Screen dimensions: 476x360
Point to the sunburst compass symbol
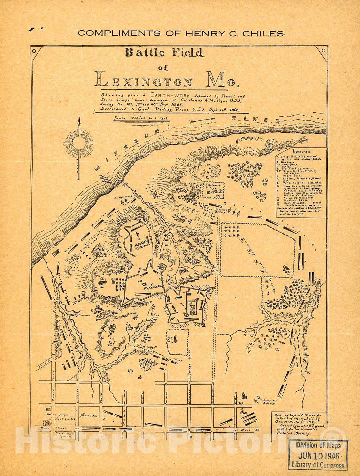pos(79,143)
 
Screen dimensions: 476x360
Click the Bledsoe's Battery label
pos(220,210)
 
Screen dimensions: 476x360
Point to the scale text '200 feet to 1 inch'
pos(142,118)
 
